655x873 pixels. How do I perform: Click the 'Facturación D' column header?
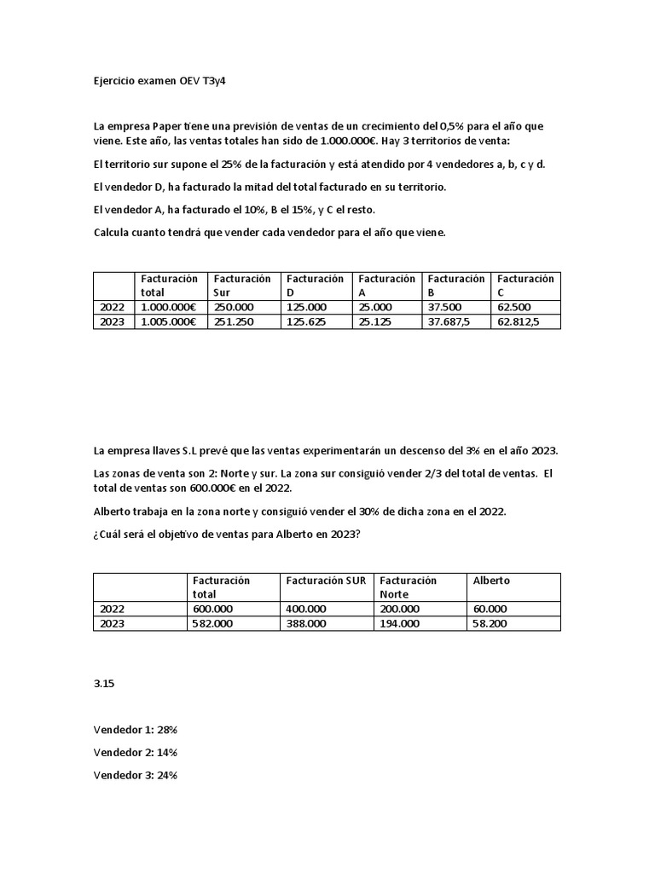[315, 286]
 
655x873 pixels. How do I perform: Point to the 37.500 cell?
[445, 307]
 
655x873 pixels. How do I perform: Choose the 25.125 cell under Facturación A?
[376, 322]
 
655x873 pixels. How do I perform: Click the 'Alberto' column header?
[491, 581]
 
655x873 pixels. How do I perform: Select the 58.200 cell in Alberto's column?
[490, 623]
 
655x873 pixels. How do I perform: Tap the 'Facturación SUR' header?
[326, 581]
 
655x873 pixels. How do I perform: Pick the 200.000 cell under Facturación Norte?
[400, 609]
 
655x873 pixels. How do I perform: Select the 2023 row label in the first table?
[113, 322]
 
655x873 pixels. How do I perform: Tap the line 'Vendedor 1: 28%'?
[136, 730]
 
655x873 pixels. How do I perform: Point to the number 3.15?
[104, 685]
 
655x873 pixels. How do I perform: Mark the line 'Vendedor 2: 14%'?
[136, 752]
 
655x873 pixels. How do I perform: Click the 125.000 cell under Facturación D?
[306, 307]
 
